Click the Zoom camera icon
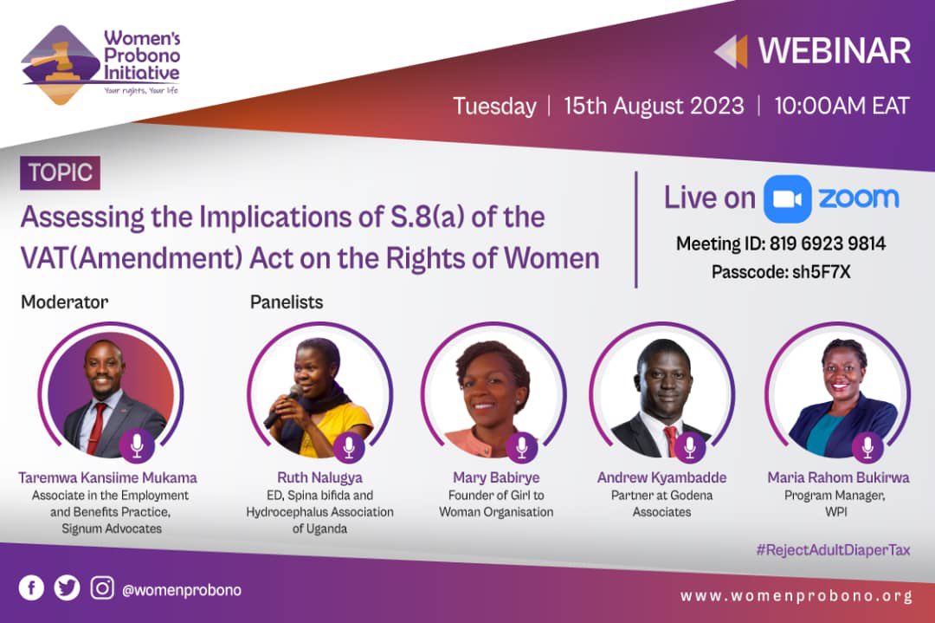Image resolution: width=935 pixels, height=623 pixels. coord(787,198)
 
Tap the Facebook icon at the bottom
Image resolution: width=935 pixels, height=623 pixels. coord(31,588)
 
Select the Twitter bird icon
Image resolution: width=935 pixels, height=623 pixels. coord(67,588)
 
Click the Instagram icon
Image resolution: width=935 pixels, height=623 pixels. coord(102,588)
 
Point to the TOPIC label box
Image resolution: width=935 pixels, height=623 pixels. coord(60,172)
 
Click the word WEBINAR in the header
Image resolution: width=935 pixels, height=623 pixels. coord(834,51)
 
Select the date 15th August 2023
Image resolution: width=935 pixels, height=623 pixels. coord(654,107)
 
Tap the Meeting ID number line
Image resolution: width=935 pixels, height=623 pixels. coord(780,244)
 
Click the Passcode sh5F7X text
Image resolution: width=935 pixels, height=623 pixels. coord(780,272)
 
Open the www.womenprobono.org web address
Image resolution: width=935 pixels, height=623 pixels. coord(796,596)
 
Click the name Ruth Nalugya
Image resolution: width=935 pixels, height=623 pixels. coord(319,478)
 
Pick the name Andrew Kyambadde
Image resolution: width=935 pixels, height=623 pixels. coord(661,478)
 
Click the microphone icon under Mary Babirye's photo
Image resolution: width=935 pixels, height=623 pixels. coord(521,447)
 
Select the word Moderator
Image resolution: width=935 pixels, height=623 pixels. coord(65,302)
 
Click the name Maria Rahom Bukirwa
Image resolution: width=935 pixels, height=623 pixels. coord(838,478)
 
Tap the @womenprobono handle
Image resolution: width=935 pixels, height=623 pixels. coord(182,590)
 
